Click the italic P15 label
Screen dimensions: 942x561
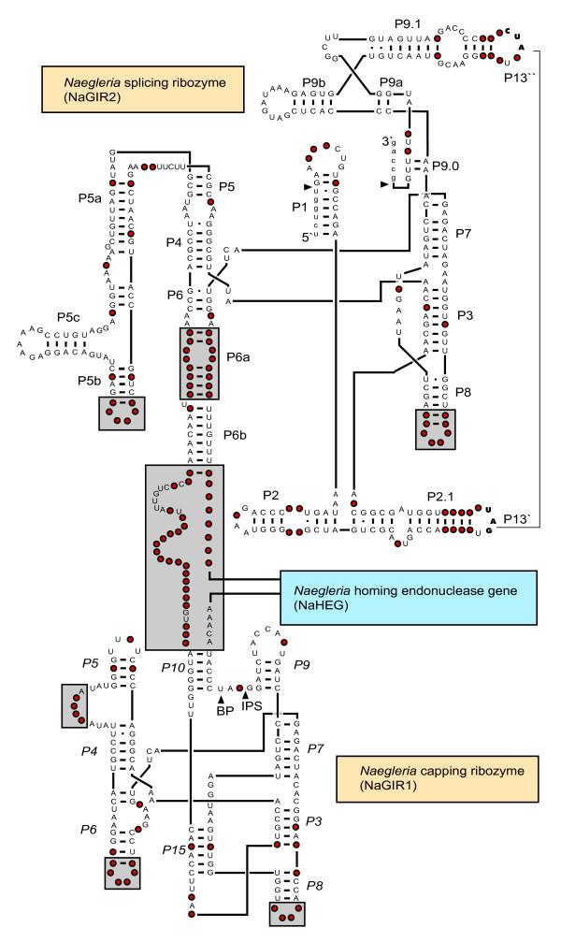point(173,849)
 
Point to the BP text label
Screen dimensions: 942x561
point(223,710)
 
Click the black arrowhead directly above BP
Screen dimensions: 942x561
point(221,698)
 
